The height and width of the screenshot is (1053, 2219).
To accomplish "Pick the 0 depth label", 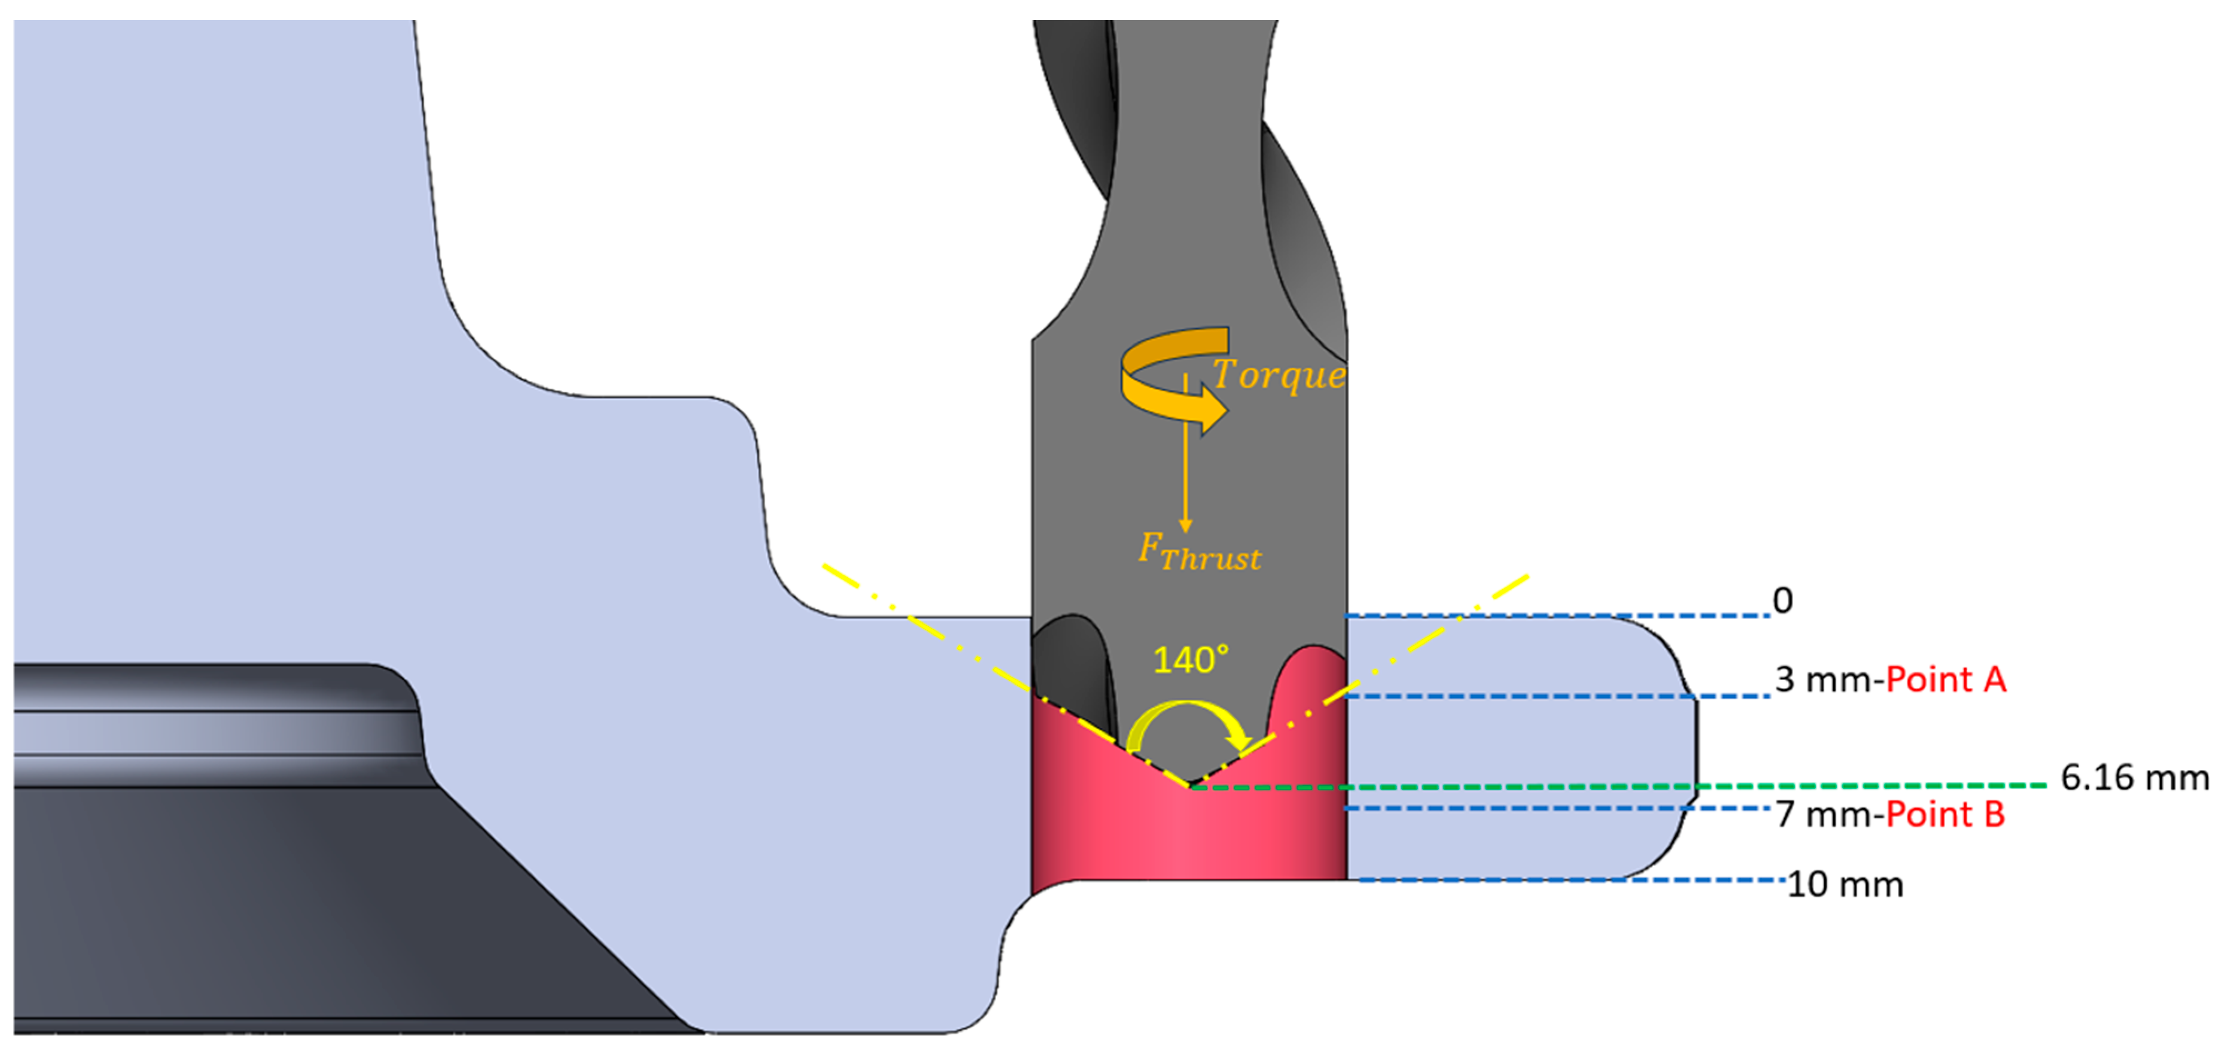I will (x=1782, y=601).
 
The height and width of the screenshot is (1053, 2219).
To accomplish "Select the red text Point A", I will (x=1946, y=680).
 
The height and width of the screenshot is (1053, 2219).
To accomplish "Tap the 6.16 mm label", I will (x=2134, y=778).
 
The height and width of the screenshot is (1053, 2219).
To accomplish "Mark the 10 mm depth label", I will (x=1844, y=885).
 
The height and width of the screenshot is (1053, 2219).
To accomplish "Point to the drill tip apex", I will (x=1189, y=784).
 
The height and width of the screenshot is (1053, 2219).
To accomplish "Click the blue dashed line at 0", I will (x=1550, y=616).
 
